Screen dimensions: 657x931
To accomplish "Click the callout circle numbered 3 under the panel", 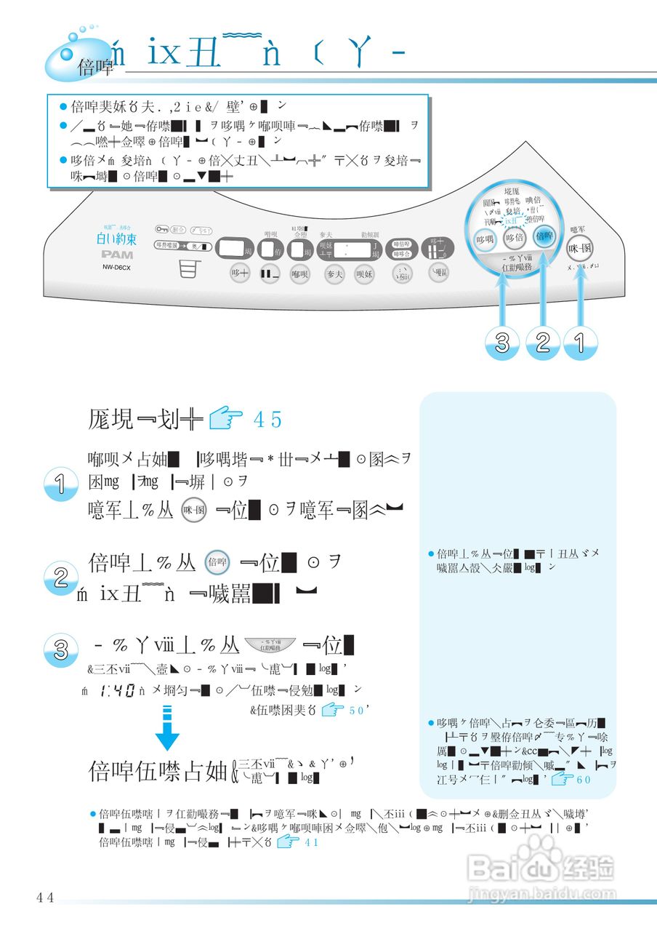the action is point(502,343).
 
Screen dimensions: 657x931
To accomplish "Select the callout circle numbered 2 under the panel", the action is point(541,343).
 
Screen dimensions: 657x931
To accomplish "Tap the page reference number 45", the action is point(267,420).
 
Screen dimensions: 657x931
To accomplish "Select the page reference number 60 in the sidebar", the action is point(584,780).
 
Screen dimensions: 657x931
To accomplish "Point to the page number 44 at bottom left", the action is point(45,898).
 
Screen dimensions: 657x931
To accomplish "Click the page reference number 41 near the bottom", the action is point(311,842).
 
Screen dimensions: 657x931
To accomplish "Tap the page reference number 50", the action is point(356,711).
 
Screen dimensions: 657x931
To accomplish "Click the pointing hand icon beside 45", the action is point(225,420).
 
